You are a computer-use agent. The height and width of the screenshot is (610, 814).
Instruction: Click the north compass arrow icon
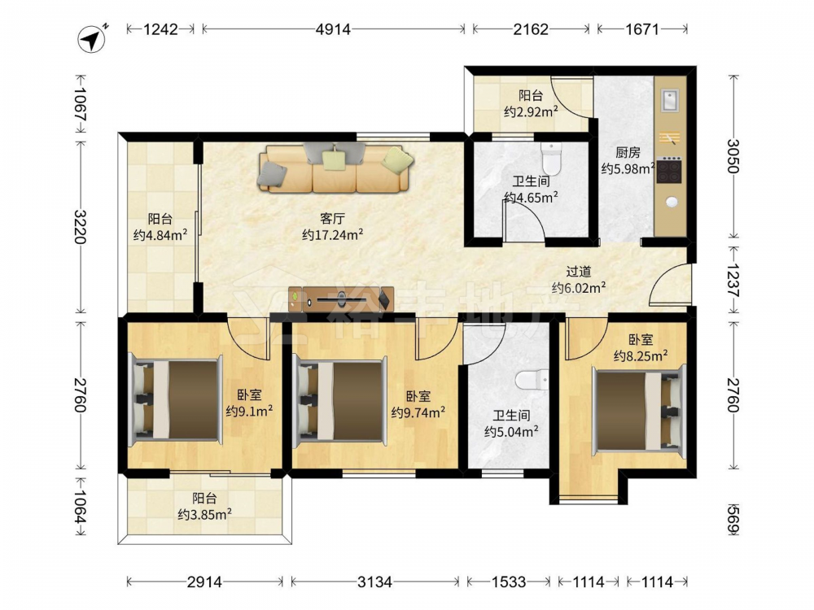pyautogui.click(x=92, y=38)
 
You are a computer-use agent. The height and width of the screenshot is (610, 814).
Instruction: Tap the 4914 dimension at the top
pyautogui.click(x=333, y=29)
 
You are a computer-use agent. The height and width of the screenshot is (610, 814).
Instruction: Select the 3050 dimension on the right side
pyautogui.click(x=733, y=156)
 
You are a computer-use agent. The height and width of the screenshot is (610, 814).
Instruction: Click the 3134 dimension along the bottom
pyautogui.click(x=374, y=582)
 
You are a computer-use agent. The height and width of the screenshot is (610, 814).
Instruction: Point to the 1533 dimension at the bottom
pyautogui.click(x=509, y=582)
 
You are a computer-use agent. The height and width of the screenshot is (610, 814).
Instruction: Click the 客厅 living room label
pyautogui.click(x=332, y=218)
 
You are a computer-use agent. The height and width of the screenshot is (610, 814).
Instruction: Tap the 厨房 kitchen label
pyautogui.click(x=628, y=153)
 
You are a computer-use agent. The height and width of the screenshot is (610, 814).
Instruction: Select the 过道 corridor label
pyautogui.click(x=578, y=272)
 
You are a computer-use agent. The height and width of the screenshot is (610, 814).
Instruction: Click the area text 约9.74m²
pyautogui.click(x=418, y=412)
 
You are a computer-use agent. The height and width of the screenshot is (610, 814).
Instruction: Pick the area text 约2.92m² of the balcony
pyautogui.click(x=531, y=111)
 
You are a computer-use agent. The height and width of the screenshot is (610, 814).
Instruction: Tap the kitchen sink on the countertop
pyautogui.click(x=670, y=100)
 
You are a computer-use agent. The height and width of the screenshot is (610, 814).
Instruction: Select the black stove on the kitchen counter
pyautogui.click(x=669, y=170)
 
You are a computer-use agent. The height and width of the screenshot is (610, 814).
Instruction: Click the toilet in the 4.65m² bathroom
pyautogui.click(x=551, y=159)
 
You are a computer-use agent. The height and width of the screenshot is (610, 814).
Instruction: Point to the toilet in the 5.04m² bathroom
pyautogui.click(x=532, y=380)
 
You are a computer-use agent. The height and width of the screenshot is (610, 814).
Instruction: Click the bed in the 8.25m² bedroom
pyautogui.click(x=639, y=410)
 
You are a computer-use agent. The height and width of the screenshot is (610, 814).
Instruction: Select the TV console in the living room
pyautogui.click(x=341, y=299)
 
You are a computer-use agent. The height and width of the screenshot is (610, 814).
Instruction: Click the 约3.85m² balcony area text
pyautogui.click(x=204, y=515)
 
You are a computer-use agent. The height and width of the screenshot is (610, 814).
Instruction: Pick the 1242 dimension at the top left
pyautogui.click(x=160, y=29)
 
